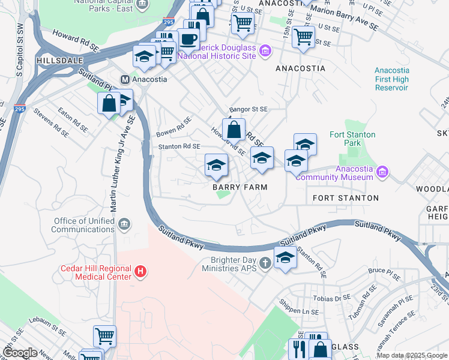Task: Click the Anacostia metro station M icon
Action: tap(125, 79)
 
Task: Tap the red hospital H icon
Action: tap(140, 272)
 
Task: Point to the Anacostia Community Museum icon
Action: tap(382, 173)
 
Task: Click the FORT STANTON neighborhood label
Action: tap(346, 197)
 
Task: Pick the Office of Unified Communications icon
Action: tap(124, 225)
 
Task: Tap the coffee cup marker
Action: tap(189, 39)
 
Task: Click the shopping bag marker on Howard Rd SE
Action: tap(234, 128)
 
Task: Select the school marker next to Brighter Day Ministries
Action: tap(285, 257)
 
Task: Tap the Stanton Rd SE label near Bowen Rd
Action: tap(179, 146)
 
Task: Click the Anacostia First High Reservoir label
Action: tap(391, 79)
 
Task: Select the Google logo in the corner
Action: tap(19, 353)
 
